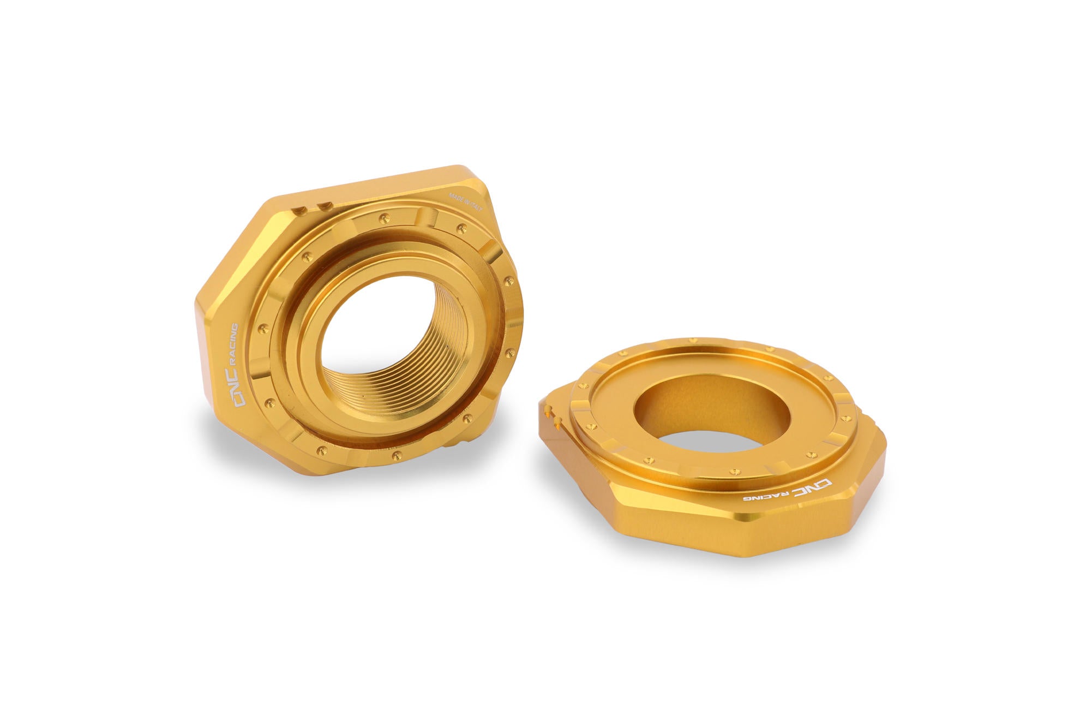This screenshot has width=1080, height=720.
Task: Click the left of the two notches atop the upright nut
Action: (x=298, y=209)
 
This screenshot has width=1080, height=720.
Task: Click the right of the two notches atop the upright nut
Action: (x=326, y=206)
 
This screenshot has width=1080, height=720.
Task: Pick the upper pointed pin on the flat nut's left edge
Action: (x=547, y=407)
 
